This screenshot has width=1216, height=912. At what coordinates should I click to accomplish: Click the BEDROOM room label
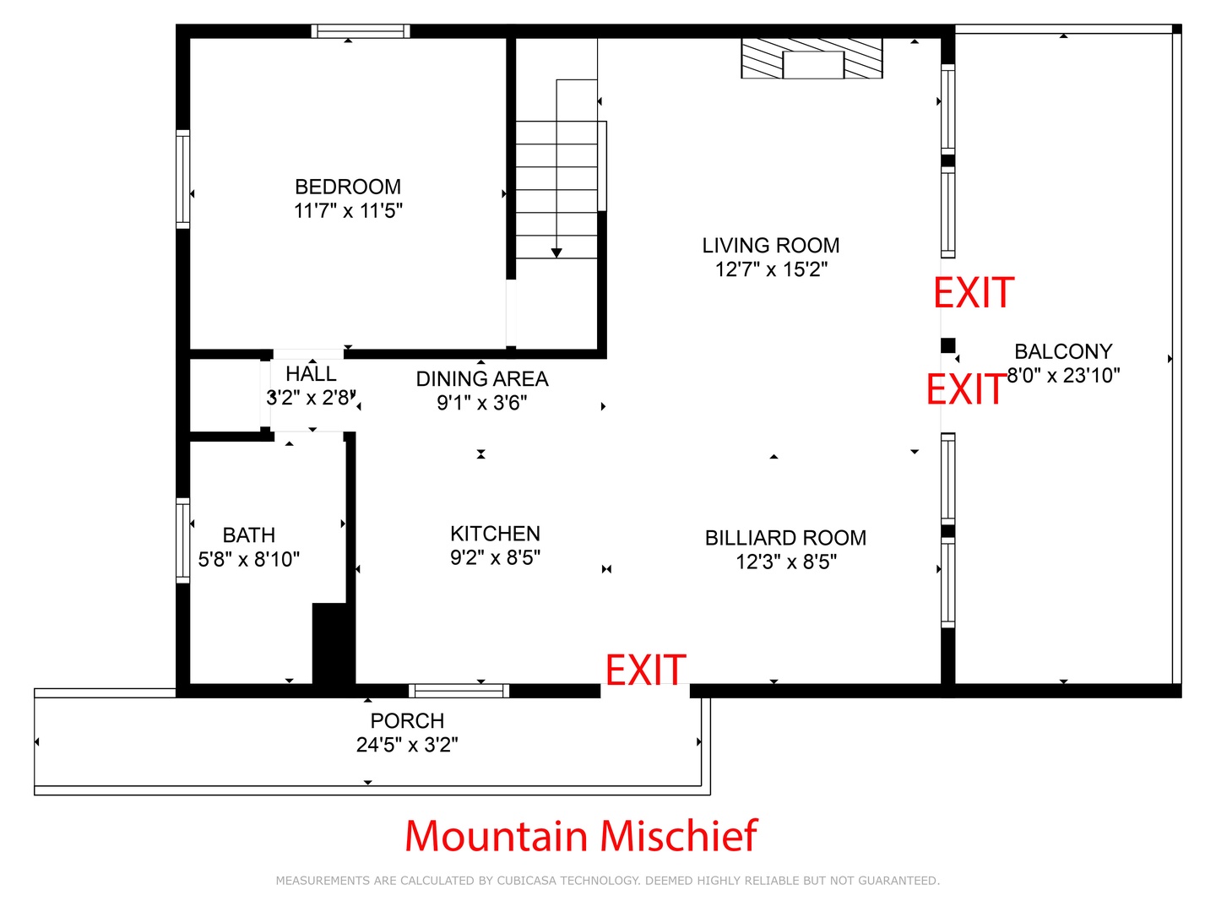[x=347, y=187]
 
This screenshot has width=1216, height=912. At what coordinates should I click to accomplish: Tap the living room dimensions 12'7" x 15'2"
[x=771, y=269]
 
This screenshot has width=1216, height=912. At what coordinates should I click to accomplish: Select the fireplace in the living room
[x=812, y=58]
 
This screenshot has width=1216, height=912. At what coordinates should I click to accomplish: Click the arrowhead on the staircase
[x=556, y=253]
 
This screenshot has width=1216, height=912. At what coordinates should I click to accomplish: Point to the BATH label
[x=249, y=535]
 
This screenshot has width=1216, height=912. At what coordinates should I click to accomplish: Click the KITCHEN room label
[x=495, y=533]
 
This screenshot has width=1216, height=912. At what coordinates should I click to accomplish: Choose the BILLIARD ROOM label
[x=785, y=538]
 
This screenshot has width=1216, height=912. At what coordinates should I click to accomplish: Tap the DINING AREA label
[x=482, y=379]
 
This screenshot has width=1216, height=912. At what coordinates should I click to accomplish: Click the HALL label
[x=311, y=374]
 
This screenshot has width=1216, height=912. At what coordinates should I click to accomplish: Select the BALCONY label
[x=1063, y=351]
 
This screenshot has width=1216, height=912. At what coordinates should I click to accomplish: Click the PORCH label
[x=407, y=720]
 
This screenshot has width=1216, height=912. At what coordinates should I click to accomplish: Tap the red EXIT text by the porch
[x=645, y=670]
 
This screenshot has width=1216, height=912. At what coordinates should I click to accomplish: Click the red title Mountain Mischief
[x=581, y=836]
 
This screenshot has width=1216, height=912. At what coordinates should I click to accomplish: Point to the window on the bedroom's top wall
[x=360, y=31]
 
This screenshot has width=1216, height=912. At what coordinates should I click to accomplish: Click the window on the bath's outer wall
[x=182, y=540]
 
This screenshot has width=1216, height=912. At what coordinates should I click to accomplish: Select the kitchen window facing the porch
[x=459, y=691]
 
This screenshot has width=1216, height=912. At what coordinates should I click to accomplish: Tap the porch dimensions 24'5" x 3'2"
[x=407, y=745]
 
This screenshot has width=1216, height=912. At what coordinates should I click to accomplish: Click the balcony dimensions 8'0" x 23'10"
[x=1063, y=376]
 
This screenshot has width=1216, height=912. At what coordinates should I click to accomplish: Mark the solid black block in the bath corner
[x=333, y=645]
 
